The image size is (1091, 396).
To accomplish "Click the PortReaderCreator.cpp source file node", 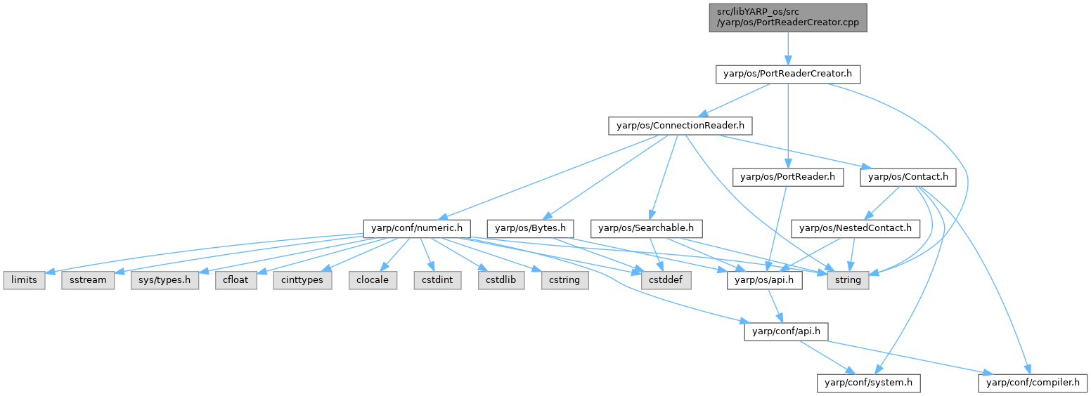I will (787, 18).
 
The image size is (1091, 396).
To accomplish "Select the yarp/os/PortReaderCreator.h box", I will (787, 74).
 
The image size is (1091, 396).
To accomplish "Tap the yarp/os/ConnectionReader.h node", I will (680, 126).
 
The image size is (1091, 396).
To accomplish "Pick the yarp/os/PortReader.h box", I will (787, 178).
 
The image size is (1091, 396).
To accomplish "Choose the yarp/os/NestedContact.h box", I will (856, 228).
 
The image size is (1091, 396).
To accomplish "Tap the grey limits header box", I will (24, 279).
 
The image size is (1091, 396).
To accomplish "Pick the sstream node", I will (89, 279).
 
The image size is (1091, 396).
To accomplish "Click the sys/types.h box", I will (164, 279).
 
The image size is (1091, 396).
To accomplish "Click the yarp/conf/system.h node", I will (868, 383).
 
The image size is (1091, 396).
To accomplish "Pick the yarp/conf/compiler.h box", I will (1032, 383).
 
